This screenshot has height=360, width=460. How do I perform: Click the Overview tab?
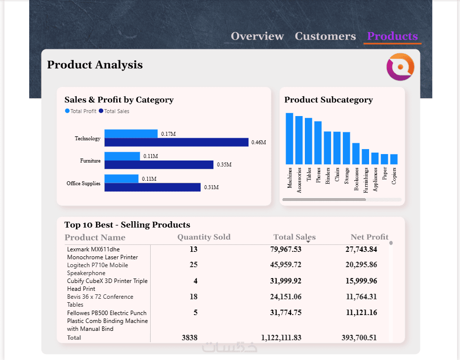tap(257, 37)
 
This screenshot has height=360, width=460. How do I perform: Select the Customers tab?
tap(325, 37)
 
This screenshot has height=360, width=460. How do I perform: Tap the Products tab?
tap(392, 37)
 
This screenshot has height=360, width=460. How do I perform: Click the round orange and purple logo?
tap(400, 67)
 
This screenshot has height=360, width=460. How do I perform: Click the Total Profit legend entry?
tap(81, 112)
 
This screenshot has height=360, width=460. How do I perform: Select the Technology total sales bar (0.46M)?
tap(176, 142)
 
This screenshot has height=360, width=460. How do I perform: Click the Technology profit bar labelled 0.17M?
tap(131, 134)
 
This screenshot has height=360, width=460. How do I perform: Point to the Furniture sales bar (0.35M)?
tap(159, 164)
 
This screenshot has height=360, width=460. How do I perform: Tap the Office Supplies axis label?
tap(84, 184)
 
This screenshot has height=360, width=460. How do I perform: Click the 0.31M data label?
tap(211, 188)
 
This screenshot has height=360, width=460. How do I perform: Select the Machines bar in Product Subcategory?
tap(290, 138)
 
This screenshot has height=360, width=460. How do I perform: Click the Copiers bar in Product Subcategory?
tap(394, 159)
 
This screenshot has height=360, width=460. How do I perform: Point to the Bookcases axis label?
tap(356, 179)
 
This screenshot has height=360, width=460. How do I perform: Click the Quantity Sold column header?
tap(204, 237)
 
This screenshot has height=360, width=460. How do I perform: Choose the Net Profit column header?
tap(369, 237)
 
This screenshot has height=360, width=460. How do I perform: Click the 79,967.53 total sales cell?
tap(286, 249)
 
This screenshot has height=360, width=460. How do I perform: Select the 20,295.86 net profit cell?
tap(361, 265)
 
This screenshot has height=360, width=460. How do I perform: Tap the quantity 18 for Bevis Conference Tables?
tap(193, 297)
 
